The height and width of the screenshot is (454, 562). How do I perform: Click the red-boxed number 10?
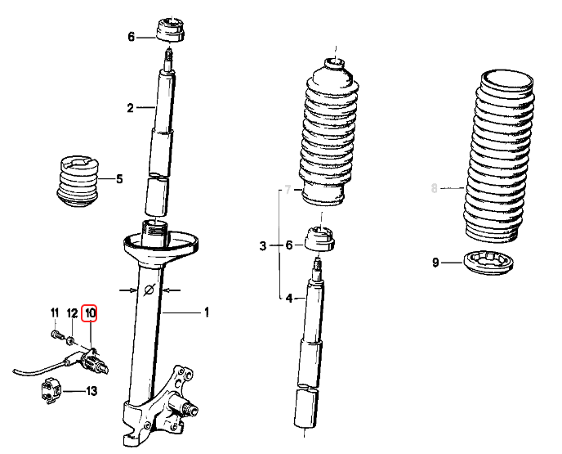tap(90, 312)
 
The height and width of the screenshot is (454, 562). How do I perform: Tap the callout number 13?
tap(91, 392)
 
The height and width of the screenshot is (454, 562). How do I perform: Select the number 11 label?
tap(55, 312)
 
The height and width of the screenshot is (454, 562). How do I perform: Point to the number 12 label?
tap(72, 312)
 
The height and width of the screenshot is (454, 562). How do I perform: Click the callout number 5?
tap(119, 179)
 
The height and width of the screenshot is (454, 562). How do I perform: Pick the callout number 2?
tap(129, 107)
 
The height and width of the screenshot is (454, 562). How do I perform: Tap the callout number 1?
tap(207, 312)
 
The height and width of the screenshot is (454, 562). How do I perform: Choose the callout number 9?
tap(435, 263)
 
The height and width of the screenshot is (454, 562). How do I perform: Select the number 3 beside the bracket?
tap(263, 245)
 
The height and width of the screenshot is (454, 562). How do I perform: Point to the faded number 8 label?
tap(435, 190)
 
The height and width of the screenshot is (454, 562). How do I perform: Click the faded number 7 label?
tap(286, 191)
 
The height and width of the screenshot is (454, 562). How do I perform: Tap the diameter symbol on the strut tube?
tap(148, 290)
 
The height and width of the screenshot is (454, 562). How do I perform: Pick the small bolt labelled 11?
tap(56, 334)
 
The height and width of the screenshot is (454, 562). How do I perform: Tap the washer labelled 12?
tap(71, 338)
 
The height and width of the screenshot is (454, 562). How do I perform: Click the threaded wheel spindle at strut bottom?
tap(193, 407)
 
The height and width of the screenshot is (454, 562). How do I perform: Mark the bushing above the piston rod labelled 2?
tap(171, 28)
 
